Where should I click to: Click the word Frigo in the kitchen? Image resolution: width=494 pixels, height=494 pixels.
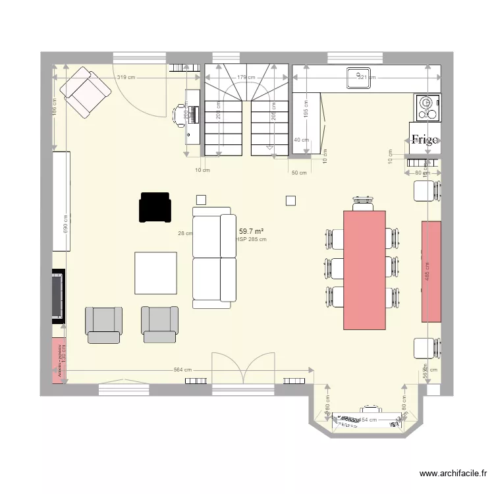[x=425, y=139]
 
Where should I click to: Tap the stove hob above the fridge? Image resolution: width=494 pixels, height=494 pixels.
[x=427, y=107]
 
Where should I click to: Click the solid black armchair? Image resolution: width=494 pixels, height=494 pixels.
[x=154, y=207]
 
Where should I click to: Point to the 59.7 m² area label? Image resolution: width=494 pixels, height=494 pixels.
[x=251, y=231]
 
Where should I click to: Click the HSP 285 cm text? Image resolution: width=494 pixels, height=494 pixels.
[x=252, y=240]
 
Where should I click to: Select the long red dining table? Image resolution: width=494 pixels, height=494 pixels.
[x=364, y=269]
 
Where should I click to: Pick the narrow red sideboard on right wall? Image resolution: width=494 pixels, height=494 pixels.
[x=431, y=271]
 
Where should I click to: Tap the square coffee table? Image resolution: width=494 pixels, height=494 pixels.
[x=156, y=273]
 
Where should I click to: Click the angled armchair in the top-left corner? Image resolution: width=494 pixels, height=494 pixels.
[x=85, y=92]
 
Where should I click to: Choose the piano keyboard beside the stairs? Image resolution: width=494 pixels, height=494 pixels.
[x=192, y=116]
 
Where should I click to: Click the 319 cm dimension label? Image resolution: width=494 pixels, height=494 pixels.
[x=126, y=78]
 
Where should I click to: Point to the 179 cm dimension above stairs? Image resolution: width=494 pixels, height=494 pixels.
[x=246, y=78]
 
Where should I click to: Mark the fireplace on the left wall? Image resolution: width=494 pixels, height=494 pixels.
[x=59, y=295]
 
